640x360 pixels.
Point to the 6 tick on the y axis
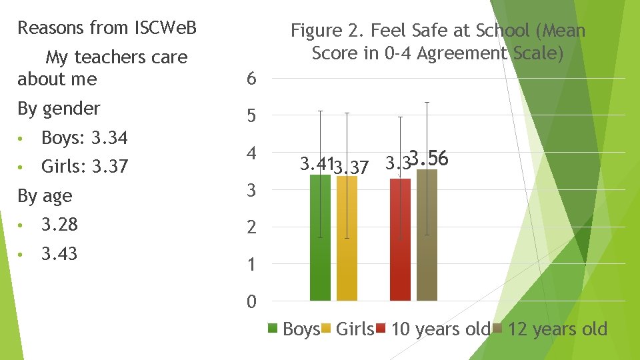(x=251, y=79)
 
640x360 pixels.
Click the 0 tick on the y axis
(x=251, y=302)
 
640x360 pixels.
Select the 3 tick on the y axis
(x=251, y=191)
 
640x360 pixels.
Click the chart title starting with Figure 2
(x=438, y=41)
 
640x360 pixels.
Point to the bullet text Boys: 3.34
(x=84, y=138)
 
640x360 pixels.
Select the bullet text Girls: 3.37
(x=84, y=167)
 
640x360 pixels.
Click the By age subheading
(x=45, y=196)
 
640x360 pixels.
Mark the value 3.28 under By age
(x=59, y=225)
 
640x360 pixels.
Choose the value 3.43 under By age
(x=59, y=254)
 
